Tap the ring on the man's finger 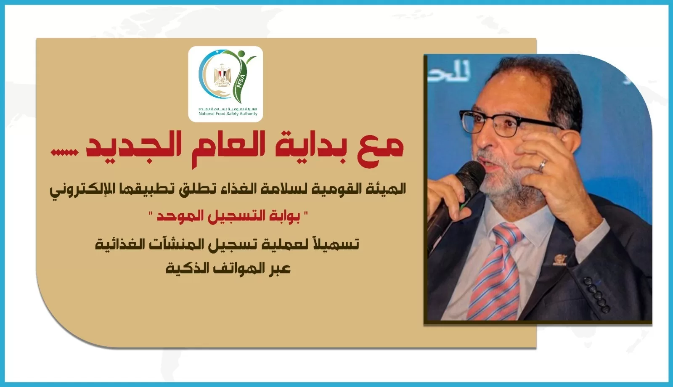pyautogui.click(x=543, y=165)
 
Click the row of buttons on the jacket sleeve pyautogui.click(x=597, y=295)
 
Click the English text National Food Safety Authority pyautogui.click(x=228, y=114)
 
